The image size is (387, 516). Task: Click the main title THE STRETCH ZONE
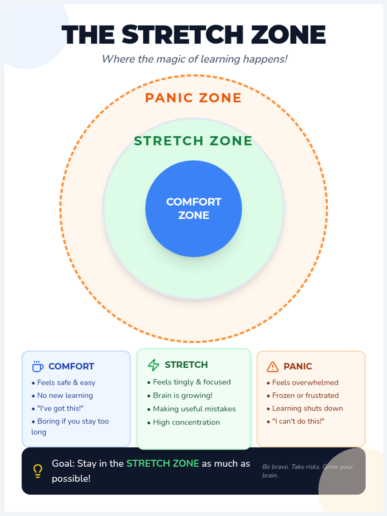pyautogui.click(x=193, y=35)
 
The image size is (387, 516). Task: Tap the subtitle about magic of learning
pyautogui.click(x=194, y=59)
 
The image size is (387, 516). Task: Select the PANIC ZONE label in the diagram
pyautogui.click(x=193, y=98)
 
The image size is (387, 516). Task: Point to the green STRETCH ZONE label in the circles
pyautogui.click(x=193, y=141)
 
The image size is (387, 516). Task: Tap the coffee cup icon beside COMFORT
pyautogui.click(x=38, y=366)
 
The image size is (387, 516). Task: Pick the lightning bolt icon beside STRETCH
pyautogui.click(x=154, y=365)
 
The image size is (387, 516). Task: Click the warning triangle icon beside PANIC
pyautogui.click(x=273, y=366)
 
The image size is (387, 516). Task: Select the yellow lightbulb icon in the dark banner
pyautogui.click(x=38, y=471)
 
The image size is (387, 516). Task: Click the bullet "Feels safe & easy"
pyautogui.click(x=66, y=382)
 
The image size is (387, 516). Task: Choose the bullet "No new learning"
pyautogui.click(x=65, y=395)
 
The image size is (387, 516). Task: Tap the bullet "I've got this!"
pyautogui.click(x=60, y=408)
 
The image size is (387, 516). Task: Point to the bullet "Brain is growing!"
pyautogui.click(x=183, y=395)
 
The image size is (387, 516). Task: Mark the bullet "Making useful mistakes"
pyautogui.click(x=194, y=409)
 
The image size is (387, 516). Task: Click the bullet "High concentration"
pyautogui.click(x=186, y=422)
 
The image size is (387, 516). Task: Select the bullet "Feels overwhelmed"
pyautogui.click(x=305, y=382)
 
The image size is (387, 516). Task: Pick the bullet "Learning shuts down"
pyautogui.click(x=307, y=408)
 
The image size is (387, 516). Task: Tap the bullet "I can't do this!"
pyautogui.click(x=298, y=421)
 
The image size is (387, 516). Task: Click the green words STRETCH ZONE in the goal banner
pyautogui.click(x=163, y=463)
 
